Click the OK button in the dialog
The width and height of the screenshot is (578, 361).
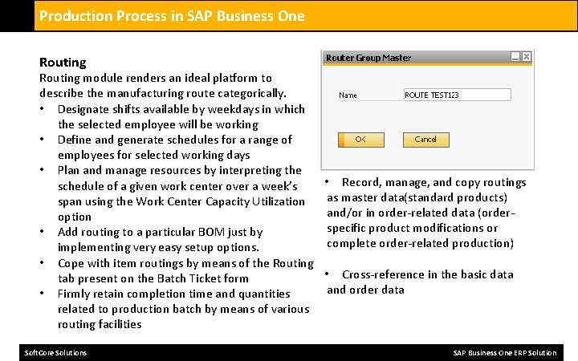pyautogui.click(x=360, y=140)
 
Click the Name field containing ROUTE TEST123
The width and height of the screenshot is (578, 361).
pyautogui.click(x=457, y=95)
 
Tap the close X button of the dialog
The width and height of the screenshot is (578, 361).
pyautogui.click(x=526, y=57)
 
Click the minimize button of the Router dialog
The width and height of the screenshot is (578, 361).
pyautogui.click(x=515, y=57)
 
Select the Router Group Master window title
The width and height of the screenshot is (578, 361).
pyautogui.click(x=368, y=58)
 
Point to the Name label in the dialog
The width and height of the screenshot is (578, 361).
pyautogui.click(x=348, y=95)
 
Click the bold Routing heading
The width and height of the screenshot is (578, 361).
pyautogui.click(x=63, y=63)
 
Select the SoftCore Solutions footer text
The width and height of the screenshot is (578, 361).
pyautogui.click(x=55, y=353)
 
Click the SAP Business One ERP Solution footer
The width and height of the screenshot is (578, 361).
pyautogui.click(x=504, y=353)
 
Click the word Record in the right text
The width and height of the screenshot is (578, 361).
pyautogui.click(x=362, y=182)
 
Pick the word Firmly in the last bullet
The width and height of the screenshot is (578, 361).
pyautogui.click(x=75, y=294)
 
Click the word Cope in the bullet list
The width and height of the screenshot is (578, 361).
pyautogui.click(x=71, y=263)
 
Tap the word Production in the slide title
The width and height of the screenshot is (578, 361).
pyautogui.click(x=74, y=16)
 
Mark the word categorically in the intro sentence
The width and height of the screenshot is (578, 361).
pyautogui.click(x=248, y=94)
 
